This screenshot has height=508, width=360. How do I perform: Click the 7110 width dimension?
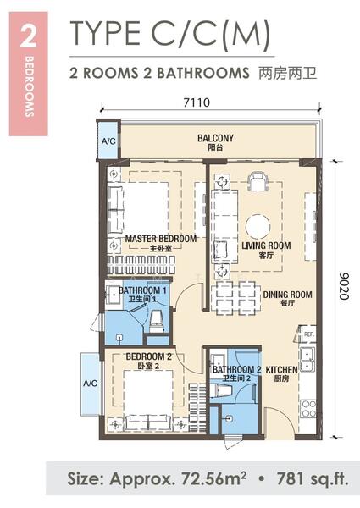197,102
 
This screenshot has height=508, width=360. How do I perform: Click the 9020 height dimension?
345,286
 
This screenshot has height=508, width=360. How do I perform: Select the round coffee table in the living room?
258,226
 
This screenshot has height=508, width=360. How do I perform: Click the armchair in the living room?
258,181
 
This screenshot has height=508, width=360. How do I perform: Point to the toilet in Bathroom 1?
156,321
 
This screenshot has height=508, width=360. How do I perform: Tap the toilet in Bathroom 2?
221,389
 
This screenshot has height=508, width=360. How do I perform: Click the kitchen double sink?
307,359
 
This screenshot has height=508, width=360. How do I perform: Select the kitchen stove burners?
308,409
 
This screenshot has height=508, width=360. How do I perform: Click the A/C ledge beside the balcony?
108,140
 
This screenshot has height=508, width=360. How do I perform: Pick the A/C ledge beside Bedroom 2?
91,384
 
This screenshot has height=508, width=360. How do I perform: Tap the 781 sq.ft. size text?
313,478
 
